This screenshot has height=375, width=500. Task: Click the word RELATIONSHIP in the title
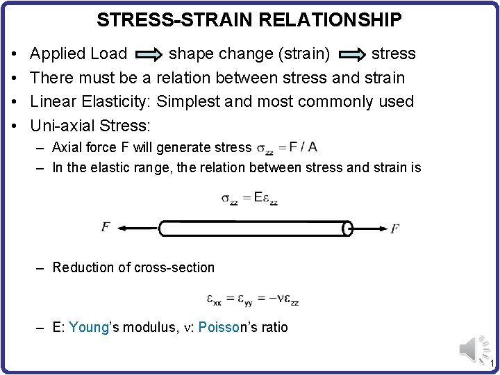point(331,20)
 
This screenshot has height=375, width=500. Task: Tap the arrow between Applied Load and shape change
point(147,54)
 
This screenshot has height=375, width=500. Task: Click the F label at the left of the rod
point(106,227)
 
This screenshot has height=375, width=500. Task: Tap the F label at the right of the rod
point(394,228)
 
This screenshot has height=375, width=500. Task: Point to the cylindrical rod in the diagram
point(254,228)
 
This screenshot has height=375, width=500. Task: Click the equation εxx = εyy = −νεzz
point(252,299)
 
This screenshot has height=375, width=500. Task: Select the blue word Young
point(90,327)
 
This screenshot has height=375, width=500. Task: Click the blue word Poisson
point(219,327)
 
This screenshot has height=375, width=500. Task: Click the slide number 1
point(491,365)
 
